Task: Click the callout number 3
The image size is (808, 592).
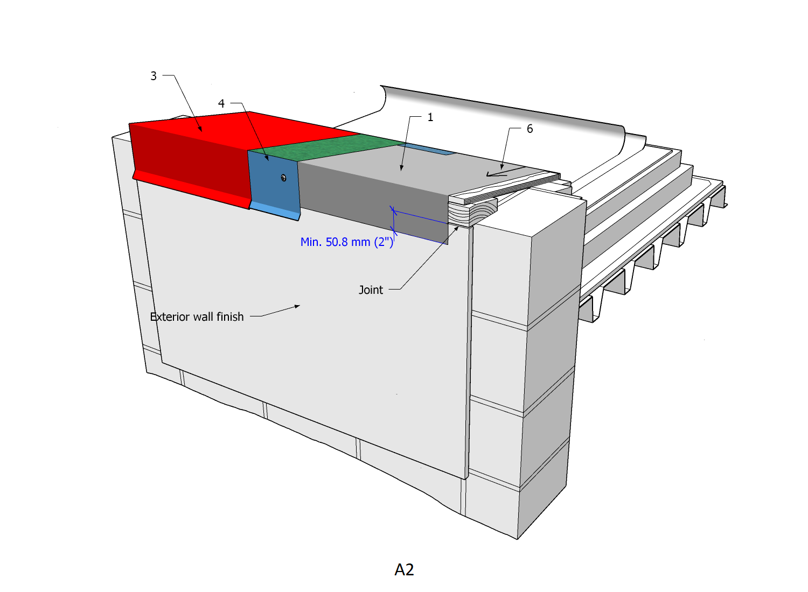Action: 154,76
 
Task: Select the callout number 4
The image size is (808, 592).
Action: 221,104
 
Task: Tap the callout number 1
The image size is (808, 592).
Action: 430,117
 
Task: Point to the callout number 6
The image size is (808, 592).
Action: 530,129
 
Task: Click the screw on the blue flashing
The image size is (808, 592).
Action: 283,178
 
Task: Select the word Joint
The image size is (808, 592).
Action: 371,290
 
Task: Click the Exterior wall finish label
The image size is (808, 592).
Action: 197,317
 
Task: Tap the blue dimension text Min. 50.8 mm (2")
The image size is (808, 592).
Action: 347,242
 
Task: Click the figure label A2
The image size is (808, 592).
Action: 404,569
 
